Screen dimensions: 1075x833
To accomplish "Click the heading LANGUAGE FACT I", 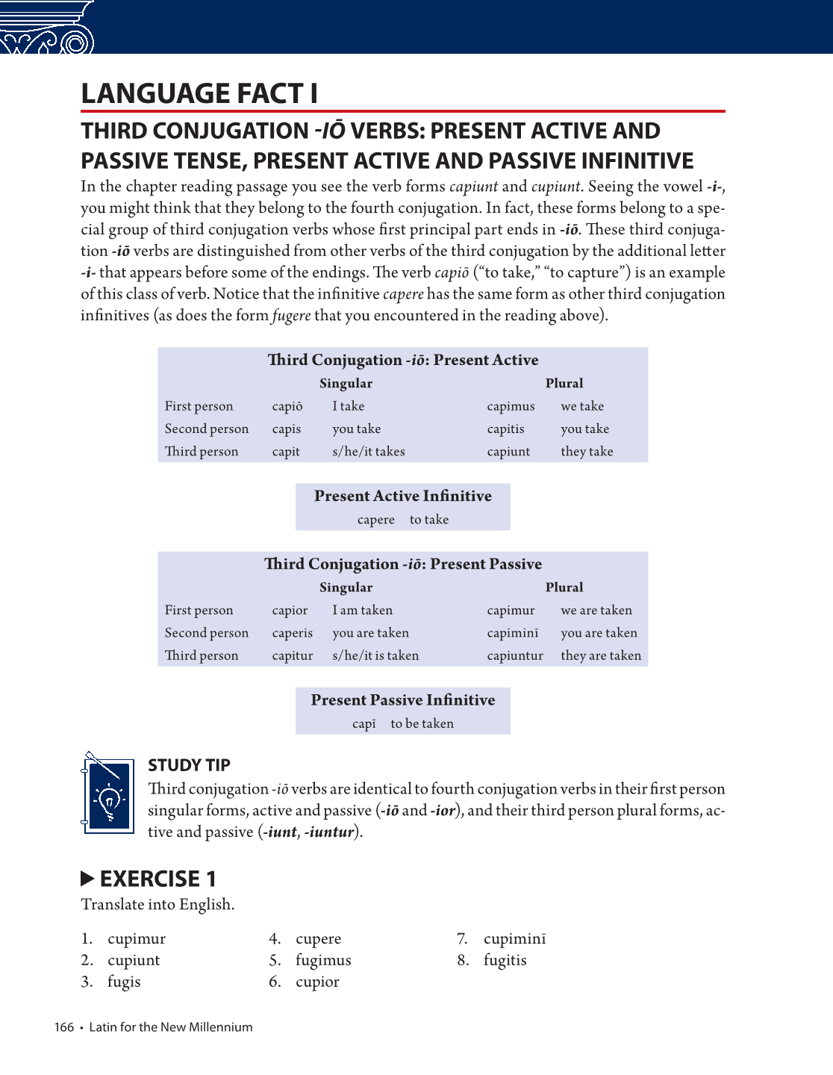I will pos(199,94).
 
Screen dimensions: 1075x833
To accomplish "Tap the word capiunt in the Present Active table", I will pos(508,452).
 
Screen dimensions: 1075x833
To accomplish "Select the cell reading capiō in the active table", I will pos(287,407).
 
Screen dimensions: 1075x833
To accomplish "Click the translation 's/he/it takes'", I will pos(369,452).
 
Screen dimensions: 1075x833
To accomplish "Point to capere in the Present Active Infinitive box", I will pos(375,520).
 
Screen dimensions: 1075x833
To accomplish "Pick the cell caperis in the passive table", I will pos(292,633).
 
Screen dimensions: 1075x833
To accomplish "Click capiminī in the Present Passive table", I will pos(512,633).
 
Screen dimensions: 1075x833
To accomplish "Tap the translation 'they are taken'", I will pos(601,655).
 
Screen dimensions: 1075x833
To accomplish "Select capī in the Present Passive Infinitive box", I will pos(364,723).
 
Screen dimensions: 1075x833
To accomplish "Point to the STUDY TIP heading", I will pos(189,765).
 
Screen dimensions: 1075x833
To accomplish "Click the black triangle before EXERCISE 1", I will pos(87,878).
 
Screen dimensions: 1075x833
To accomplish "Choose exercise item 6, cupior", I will pos(316,982).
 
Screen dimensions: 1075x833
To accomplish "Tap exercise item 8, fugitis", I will pos(505,960).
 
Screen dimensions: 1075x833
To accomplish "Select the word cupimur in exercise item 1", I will pos(137,938).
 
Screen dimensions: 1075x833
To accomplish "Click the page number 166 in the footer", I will pos(63,1027).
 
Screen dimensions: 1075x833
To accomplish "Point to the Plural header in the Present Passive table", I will pos(564,588).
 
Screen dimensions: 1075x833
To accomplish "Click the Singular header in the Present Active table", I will pos(346,384).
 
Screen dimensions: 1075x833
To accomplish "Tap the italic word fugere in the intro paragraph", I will pos(291,316).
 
